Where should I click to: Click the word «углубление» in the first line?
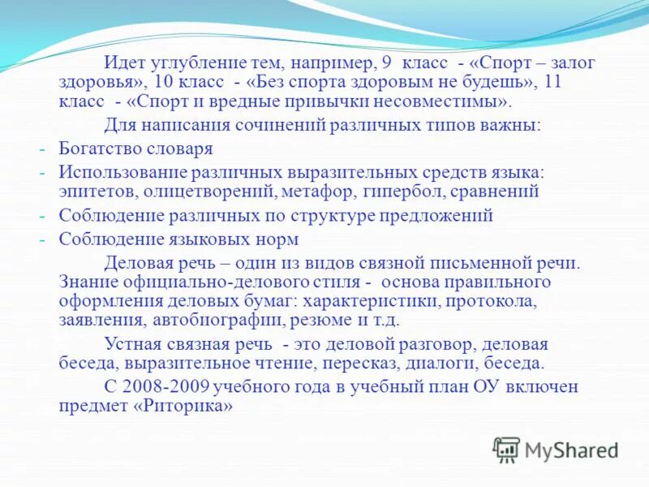191,64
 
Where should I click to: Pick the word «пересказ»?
350,362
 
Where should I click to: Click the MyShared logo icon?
507,449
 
